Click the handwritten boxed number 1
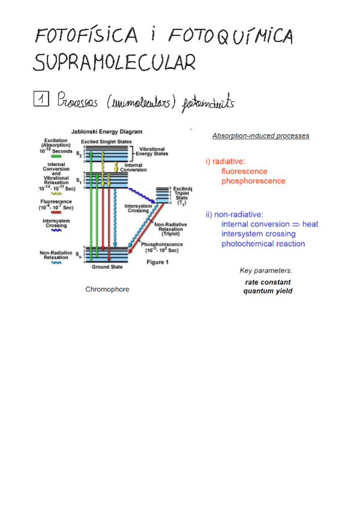click(41, 98)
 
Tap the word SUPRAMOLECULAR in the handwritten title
click(114, 62)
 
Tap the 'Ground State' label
click(105, 267)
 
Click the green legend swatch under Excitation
click(56, 156)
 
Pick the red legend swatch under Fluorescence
click(56, 212)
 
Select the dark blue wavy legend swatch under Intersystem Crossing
click(56, 229)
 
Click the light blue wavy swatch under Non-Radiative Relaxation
click(56, 262)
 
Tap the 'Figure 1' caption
click(158, 262)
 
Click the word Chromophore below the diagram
click(107, 289)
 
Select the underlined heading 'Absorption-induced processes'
click(261, 136)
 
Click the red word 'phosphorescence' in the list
click(253, 180)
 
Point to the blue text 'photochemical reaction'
click(263, 244)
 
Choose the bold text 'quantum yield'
click(268, 291)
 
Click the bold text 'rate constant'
click(268, 282)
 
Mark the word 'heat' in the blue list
click(310, 224)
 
